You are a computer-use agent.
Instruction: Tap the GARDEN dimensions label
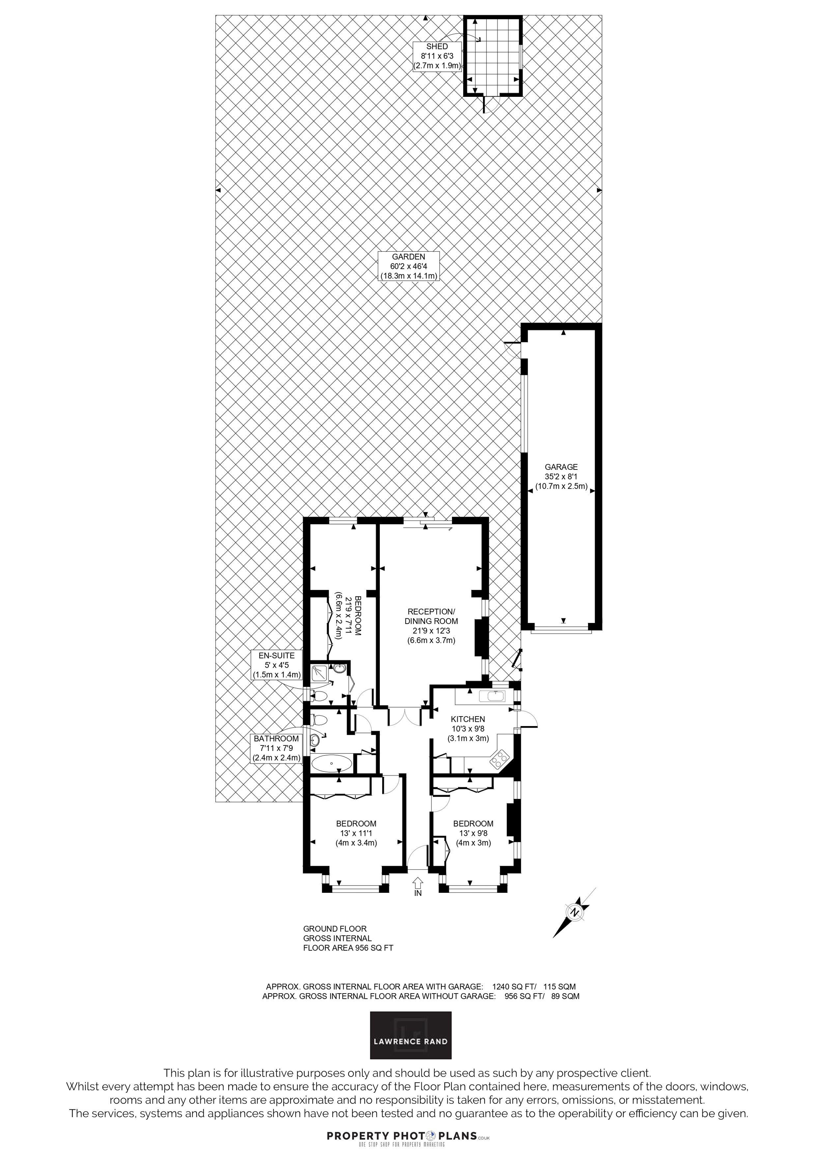[x=409, y=266]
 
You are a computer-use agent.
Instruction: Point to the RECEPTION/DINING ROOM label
[x=432, y=626]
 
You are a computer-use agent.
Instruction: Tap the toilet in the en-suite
[x=319, y=698]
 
